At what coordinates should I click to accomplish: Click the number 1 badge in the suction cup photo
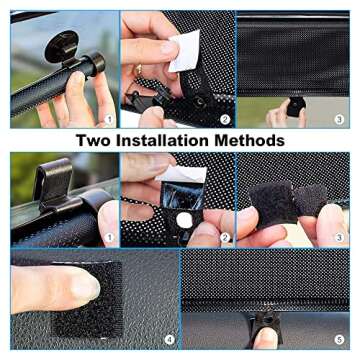point(107,120)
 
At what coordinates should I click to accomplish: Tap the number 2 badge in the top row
point(225,120)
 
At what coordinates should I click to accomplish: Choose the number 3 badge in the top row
point(340,120)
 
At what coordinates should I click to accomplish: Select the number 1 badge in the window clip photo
point(107,238)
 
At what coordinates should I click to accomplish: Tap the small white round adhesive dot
point(183,220)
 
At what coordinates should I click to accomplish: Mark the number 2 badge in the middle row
point(225,238)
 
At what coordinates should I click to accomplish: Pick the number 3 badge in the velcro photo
point(340,238)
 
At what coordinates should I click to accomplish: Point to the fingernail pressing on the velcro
point(85,288)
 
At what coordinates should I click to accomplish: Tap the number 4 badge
point(167,340)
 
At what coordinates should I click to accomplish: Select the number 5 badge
point(340,340)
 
